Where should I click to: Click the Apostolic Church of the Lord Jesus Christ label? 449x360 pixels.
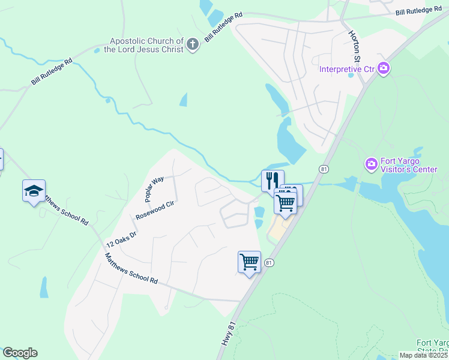143,45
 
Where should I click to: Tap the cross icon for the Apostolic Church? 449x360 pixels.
192,44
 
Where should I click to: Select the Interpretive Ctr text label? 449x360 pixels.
347,70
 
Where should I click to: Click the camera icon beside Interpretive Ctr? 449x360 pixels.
384,70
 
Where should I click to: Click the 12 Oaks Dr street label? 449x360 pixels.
121,239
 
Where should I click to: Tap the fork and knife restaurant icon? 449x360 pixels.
273,179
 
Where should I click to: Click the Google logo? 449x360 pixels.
20,353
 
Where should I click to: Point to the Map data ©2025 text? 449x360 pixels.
423,356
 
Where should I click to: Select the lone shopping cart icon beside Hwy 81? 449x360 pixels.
249,262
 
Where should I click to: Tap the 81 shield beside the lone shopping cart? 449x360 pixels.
270,263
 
